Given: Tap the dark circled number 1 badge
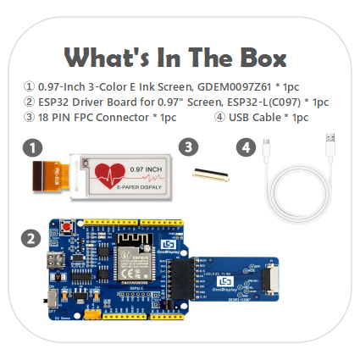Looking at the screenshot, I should click(31, 147).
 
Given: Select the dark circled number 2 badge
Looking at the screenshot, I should click(31, 239).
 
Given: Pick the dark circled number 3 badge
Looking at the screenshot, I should click(188, 147).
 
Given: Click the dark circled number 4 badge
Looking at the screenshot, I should click(246, 147).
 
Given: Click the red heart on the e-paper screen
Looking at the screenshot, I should click(110, 176).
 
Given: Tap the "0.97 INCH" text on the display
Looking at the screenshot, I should click(141, 168).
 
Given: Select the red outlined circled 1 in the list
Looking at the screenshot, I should click(30, 86).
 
